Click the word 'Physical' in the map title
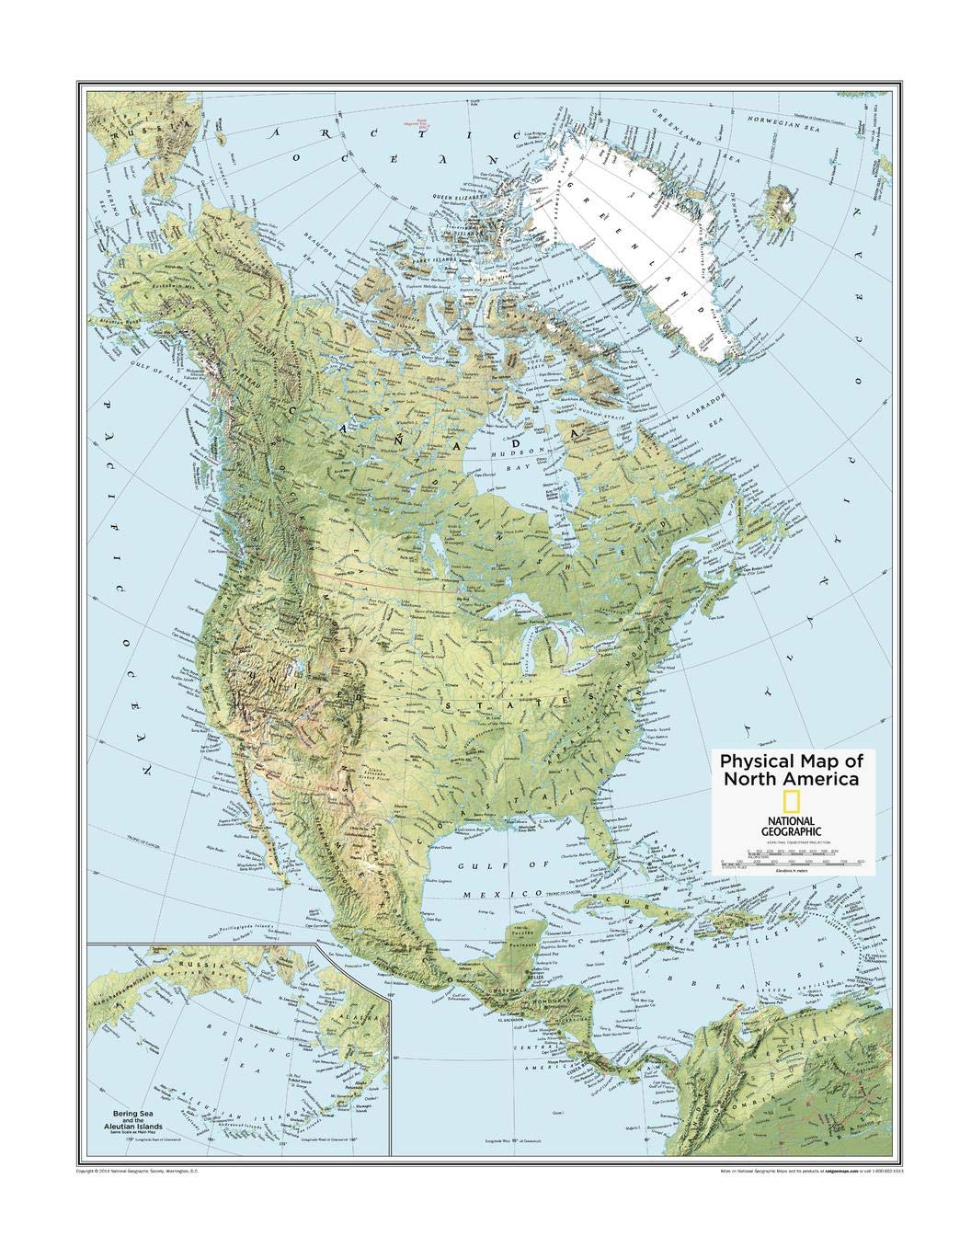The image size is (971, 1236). tap(757, 761)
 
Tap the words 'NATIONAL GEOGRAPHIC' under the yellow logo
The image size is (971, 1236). tap(791, 827)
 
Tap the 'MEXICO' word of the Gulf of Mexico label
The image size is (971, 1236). tap(519, 893)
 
